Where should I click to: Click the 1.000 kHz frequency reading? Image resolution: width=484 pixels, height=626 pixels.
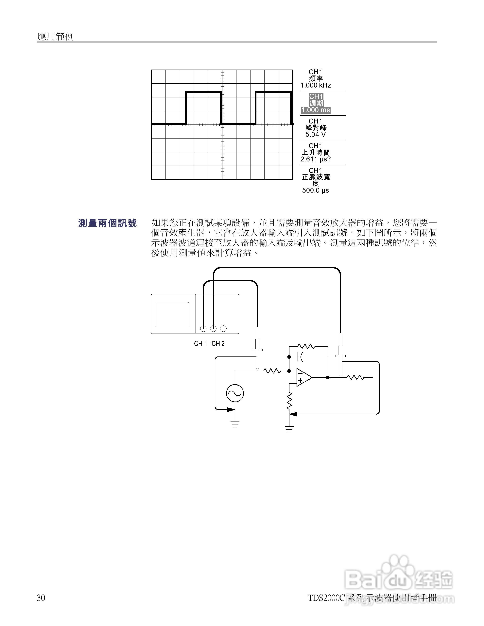[x=315, y=85]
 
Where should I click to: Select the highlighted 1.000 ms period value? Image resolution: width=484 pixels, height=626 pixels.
[x=315, y=110]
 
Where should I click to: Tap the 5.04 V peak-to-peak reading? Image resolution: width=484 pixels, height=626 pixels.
[x=315, y=134]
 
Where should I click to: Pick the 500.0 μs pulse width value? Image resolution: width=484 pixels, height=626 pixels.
[x=315, y=190]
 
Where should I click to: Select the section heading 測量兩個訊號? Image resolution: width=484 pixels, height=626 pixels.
[x=108, y=223]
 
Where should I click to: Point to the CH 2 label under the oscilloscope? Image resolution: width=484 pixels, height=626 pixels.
[x=218, y=344]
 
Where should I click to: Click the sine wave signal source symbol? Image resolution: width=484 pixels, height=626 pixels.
[x=235, y=393]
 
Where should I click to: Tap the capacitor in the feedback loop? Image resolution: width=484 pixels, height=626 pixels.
[x=301, y=357]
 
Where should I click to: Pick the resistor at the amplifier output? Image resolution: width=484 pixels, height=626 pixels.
[x=355, y=377]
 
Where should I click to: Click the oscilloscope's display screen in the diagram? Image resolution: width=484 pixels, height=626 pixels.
[x=172, y=314]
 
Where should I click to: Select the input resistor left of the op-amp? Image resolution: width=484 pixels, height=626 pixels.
[x=272, y=371]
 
